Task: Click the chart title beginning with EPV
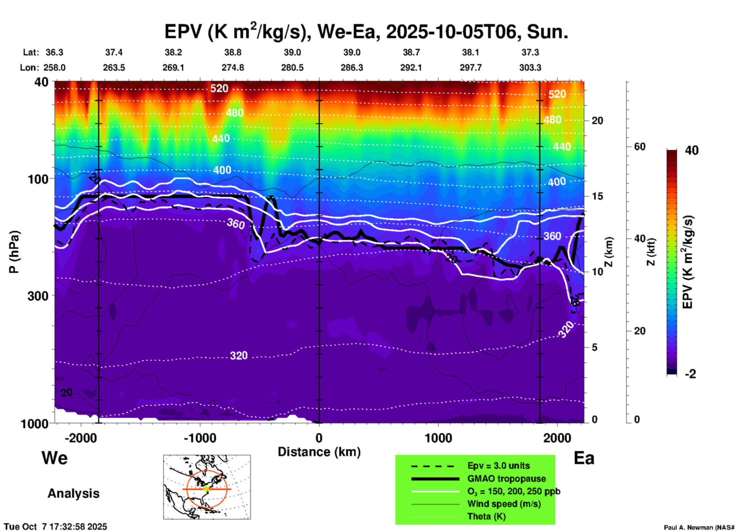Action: point(366,32)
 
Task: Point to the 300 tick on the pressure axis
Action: point(38,296)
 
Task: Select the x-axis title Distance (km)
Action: point(319,452)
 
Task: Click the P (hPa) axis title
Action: point(14,252)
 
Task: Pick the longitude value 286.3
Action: point(352,68)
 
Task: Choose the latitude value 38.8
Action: point(233,52)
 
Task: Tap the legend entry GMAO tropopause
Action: point(506,479)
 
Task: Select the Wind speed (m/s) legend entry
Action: point(504,504)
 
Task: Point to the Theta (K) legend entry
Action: point(486,516)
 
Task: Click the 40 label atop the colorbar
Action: point(691,150)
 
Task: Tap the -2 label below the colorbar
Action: point(690,374)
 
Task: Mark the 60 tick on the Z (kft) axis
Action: point(640,147)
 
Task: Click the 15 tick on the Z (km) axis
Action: point(597,196)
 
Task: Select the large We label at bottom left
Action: point(55,458)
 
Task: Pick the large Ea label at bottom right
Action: point(584,458)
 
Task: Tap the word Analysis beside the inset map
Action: point(73,493)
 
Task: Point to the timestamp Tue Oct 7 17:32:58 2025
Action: point(56,527)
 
